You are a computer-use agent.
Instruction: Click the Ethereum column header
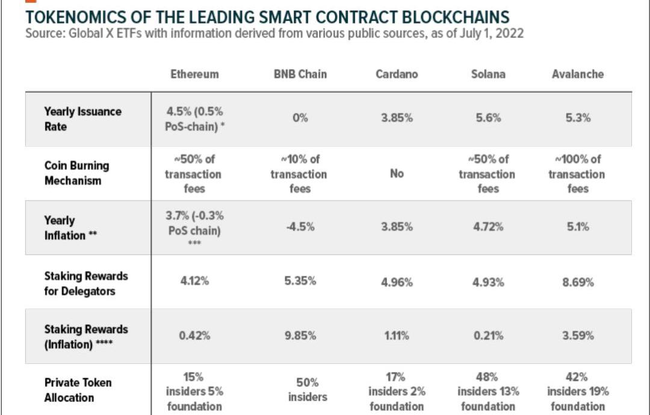[x=194, y=74]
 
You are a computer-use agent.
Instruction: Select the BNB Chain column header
[x=300, y=74]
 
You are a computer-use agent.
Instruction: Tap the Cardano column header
[x=397, y=74]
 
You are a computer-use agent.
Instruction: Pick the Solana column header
[x=487, y=74]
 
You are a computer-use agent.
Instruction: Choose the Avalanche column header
[x=577, y=74]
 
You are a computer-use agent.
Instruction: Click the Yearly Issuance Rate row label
[x=82, y=119]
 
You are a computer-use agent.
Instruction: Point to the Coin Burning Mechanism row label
[x=76, y=173]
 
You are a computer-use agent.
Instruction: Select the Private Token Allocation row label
[x=78, y=390]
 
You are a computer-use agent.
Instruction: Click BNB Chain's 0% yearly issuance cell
[x=300, y=118]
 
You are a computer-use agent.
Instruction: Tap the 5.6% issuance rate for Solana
[x=487, y=118]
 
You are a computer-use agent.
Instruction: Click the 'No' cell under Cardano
[x=397, y=173]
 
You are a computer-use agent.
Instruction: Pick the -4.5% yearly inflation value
[x=300, y=227]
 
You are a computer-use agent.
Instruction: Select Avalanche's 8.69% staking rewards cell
[x=577, y=282]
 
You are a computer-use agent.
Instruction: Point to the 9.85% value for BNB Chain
[x=300, y=335]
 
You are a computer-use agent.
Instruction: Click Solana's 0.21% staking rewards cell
[x=487, y=335]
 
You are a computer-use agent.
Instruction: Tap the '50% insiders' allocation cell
[x=300, y=390]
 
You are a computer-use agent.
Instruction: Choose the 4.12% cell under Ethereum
[x=194, y=281]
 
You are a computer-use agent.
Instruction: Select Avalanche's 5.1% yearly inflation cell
[x=577, y=227]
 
